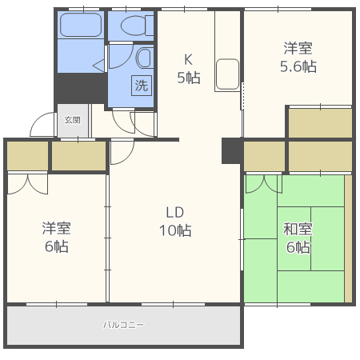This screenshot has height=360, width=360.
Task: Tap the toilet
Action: pos(133,26)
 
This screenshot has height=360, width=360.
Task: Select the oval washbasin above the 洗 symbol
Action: pos(143,58)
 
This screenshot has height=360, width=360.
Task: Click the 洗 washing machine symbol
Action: pos(141,85)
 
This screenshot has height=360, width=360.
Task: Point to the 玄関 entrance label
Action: pos(72,120)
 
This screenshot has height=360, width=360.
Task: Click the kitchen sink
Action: pos(228,74)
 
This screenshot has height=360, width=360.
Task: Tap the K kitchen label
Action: pos(189,58)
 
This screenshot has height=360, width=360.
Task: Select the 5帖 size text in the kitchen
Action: pos(189,78)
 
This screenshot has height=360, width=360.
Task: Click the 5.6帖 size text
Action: pos(298,66)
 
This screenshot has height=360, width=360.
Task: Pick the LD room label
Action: pos(175,212)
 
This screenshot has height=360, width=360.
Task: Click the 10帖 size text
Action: pos(175,231)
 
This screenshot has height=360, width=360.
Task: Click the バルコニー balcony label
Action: pos(123,326)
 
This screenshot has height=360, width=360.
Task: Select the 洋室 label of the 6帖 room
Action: pos(56,228)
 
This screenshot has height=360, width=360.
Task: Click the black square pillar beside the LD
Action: pos(232,150)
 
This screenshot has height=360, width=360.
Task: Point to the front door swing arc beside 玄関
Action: pos(42,126)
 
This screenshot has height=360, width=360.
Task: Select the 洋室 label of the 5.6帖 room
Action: pos(298,47)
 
